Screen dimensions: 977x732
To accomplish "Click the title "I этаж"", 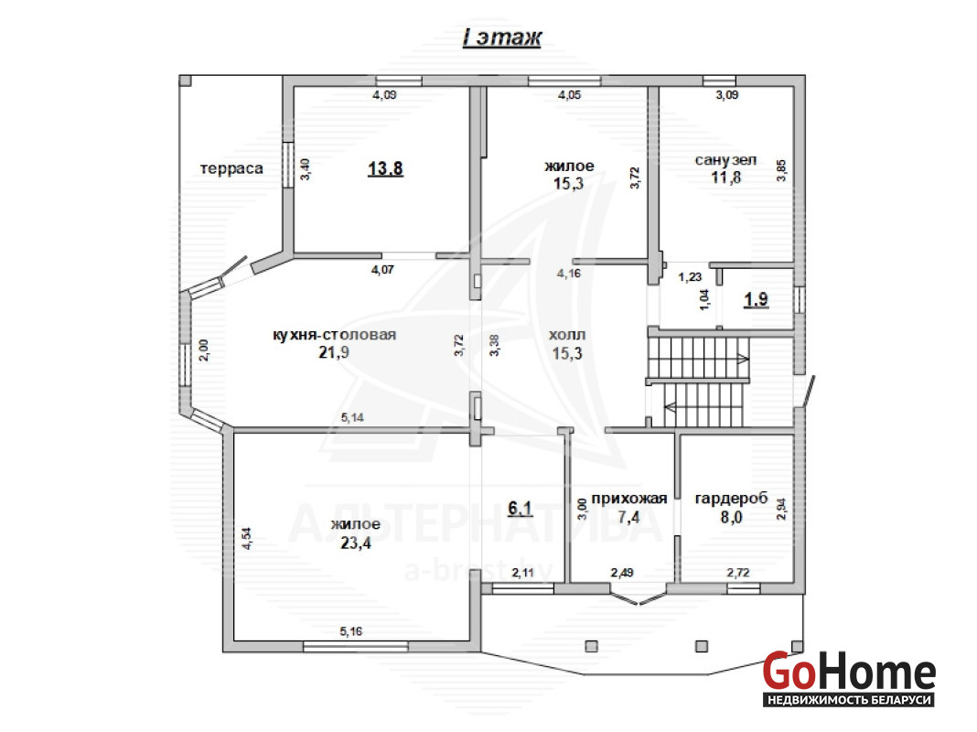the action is point(502,38).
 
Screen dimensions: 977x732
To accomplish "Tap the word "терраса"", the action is point(231,168).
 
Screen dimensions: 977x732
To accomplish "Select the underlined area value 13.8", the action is point(386,168).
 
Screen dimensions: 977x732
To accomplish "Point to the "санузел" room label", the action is point(726,160).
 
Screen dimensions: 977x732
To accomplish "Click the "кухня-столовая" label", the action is point(335,335).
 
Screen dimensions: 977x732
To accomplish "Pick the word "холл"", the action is point(567,335).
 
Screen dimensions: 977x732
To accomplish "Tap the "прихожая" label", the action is point(629,499).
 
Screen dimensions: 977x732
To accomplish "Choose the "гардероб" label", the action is point(732,499).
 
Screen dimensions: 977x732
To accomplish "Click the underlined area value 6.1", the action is point(521,509).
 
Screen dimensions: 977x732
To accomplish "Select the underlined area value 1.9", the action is point(757,299).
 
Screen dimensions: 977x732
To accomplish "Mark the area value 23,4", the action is point(356,544).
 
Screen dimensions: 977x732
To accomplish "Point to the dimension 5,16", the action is point(351,631).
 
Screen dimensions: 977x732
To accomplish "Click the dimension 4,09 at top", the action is point(384,94).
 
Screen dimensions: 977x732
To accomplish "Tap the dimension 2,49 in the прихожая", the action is point(622,573).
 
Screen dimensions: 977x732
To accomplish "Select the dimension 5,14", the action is point(353,417).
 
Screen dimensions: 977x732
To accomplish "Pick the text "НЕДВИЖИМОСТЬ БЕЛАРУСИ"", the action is point(849,700).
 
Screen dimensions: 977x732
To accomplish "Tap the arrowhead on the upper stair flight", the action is point(743,358).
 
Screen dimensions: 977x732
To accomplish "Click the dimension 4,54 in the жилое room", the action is point(247,538).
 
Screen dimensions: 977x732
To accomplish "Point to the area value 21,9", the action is point(334,352).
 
